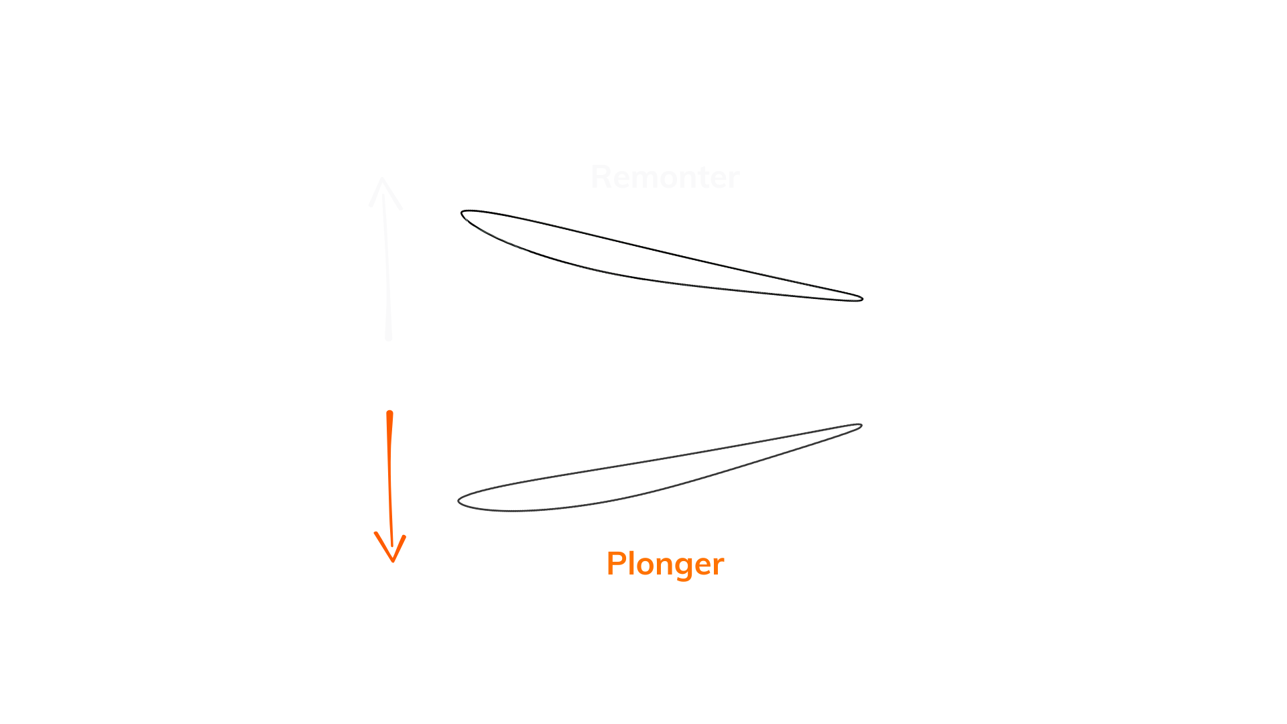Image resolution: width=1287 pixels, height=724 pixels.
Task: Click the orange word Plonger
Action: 665,564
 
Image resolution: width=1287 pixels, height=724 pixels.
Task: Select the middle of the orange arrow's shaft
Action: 391,479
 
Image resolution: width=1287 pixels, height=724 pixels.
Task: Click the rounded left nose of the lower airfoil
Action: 458,501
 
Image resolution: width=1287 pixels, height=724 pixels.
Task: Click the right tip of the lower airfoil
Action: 860,424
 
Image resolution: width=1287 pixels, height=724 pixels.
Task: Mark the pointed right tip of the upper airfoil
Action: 861,298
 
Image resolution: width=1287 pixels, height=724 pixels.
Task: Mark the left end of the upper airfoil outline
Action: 465,217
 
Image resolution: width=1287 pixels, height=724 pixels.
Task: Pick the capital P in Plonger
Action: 616,563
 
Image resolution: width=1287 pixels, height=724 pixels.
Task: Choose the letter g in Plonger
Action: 682,566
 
